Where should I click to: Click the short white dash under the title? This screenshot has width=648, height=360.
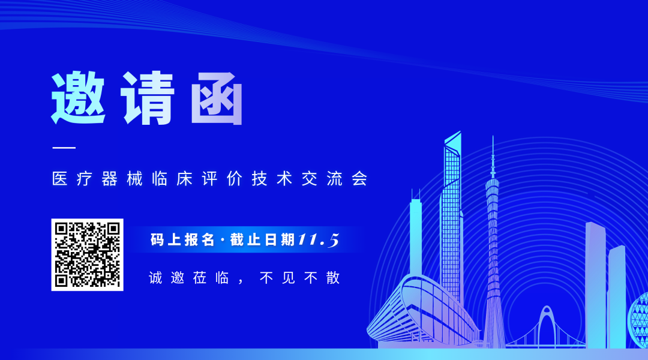coord(64,147)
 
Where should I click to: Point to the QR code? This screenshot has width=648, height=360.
coord(87,254)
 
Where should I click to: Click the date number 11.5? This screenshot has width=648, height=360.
coord(319,240)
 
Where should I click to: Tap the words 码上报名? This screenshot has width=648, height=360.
coord(182,240)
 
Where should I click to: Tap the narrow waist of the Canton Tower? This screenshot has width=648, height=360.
coord(493,240)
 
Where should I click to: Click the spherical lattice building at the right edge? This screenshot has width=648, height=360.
coord(638,318)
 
